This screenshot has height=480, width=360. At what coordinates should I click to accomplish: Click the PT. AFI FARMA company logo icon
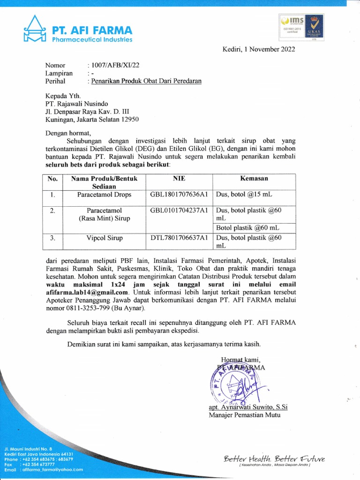tap(34, 30)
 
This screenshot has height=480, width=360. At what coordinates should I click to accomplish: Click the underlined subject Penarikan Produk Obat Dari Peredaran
tap(146, 81)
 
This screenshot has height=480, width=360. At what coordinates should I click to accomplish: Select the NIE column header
tap(180, 179)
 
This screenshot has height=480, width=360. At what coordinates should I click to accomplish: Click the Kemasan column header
tap(254, 179)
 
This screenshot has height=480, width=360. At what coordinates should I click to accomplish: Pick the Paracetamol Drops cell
tap(104, 195)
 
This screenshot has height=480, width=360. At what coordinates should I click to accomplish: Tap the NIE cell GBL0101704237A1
tap(179, 210)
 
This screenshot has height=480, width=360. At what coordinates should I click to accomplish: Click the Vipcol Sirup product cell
tap(104, 238)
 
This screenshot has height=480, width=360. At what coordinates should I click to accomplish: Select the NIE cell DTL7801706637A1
tap(179, 238)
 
